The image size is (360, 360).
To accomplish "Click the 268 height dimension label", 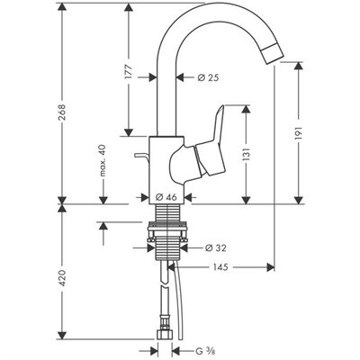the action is tap(62, 112).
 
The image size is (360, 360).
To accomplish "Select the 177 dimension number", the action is tap(129, 71).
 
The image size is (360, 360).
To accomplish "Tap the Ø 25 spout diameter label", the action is tap(208, 77).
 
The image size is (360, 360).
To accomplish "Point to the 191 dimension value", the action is tap(299, 133).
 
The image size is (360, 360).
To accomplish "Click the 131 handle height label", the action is tap(246, 155).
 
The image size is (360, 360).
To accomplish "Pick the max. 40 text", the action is tap(103, 160).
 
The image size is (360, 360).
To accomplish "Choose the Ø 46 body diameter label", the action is tap(166, 197).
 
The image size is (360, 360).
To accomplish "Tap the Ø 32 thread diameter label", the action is tap(215, 248).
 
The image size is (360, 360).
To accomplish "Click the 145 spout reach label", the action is tap(220, 266).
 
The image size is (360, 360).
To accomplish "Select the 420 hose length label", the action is tap(62, 277).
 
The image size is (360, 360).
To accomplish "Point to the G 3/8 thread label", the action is tap(205, 350).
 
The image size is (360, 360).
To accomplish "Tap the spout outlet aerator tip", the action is tap(274, 54).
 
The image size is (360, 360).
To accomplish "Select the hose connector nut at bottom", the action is tap(165, 335).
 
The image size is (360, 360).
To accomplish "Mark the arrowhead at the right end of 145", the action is tap(271, 266).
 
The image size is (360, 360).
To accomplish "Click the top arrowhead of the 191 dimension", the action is tap(299, 66).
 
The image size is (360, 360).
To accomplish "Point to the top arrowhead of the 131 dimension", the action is tap(246, 109).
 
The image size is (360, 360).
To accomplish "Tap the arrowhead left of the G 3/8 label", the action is tap(154, 350).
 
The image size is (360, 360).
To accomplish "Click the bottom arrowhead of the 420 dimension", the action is tap(62, 336).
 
